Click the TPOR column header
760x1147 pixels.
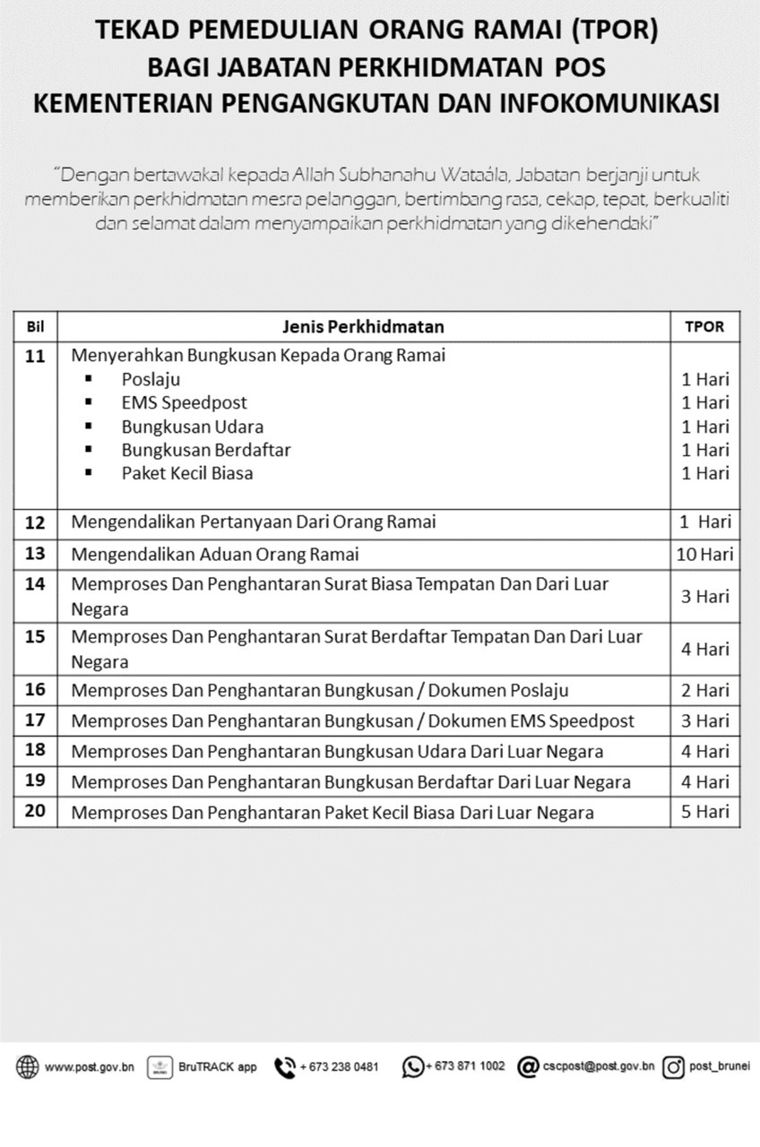click(704, 327)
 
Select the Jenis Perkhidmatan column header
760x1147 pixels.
click(363, 327)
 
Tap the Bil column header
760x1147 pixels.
click(36, 327)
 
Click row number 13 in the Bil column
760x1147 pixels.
click(35, 554)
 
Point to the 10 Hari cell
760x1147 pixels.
click(704, 554)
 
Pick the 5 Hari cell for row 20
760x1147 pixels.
click(704, 813)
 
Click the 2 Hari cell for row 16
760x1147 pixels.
click(704, 690)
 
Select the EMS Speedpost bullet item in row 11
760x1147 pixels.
click(184, 402)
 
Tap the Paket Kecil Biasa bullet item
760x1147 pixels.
click(187, 473)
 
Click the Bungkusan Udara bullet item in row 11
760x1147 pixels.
click(193, 427)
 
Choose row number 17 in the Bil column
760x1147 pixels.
click(35, 720)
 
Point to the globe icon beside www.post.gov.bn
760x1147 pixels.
click(28, 1067)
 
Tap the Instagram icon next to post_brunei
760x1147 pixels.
click(674, 1067)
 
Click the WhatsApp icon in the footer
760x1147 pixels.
click(413, 1067)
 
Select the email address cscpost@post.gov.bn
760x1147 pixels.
click(598, 1066)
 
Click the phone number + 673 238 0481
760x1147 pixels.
click(339, 1067)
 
